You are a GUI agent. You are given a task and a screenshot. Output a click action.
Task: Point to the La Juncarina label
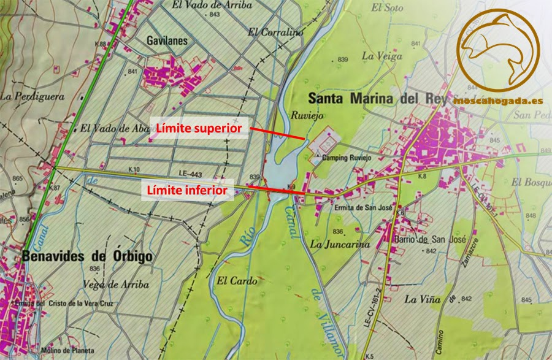click(x=340, y=244)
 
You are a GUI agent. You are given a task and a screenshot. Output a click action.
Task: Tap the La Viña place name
click(x=423, y=299)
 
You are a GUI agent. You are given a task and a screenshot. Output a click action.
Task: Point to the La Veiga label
click(x=381, y=55)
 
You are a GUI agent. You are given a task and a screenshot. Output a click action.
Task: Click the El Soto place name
click(x=387, y=8)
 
